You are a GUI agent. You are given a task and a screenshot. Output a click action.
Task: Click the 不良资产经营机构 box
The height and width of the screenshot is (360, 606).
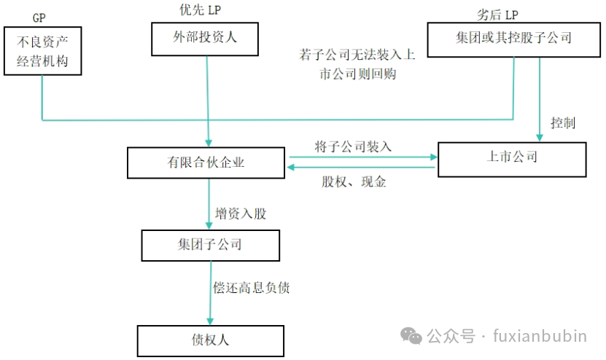pyautogui.click(x=42, y=51)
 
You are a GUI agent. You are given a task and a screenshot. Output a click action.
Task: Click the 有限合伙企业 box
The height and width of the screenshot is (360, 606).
pyautogui.click(x=205, y=163)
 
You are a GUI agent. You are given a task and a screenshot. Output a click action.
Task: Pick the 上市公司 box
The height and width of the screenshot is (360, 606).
pyautogui.click(x=511, y=157)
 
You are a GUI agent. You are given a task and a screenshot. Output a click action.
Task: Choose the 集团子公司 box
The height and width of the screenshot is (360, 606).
pyautogui.click(x=210, y=245)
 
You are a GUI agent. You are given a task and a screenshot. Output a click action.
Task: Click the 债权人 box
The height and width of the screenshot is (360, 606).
pyautogui.click(x=210, y=340)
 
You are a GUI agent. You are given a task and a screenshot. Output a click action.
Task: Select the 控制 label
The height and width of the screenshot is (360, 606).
pyautogui.click(x=563, y=123)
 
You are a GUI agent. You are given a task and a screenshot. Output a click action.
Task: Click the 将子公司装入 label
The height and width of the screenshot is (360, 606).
pyautogui.click(x=353, y=146)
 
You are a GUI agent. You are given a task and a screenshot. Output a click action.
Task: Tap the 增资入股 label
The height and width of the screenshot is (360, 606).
pyautogui.click(x=241, y=214)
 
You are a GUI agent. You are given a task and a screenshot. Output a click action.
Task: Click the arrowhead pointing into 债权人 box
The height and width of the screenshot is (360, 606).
pyautogui.click(x=210, y=321)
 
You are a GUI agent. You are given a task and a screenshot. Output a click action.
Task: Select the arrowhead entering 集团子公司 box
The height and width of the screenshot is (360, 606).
pyautogui.click(x=209, y=225)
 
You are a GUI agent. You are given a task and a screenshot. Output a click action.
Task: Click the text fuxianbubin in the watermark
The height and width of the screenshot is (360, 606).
pyautogui.click(x=540, y=336)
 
